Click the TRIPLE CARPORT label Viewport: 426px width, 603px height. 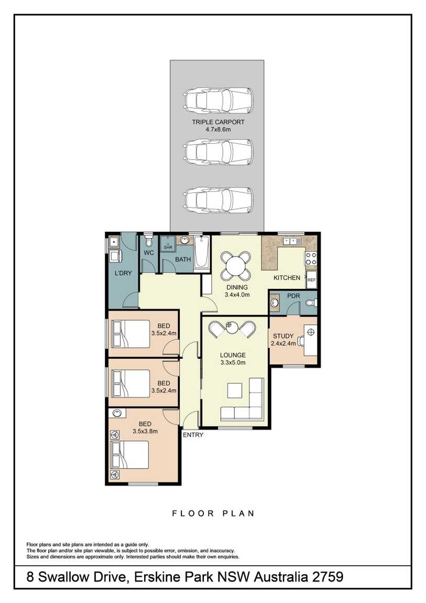coord(218,122)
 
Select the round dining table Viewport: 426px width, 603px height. coord(235,265)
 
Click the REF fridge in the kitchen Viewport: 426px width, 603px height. coord(312,279)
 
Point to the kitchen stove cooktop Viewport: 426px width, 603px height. coord(311,258)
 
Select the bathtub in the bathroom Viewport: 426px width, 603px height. coord(202,252)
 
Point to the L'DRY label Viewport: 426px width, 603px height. coord(123,273)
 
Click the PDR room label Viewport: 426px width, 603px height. coord(293,296)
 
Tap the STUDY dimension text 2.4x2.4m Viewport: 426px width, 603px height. coord(283,343)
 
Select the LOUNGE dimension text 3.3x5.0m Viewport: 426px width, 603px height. coord(233,362)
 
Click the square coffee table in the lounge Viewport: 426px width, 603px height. coord(235,390)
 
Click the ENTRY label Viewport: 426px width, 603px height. coord(193,435)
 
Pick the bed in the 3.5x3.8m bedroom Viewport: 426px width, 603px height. coord(129,455)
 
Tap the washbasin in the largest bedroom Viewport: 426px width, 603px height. coord(117,413)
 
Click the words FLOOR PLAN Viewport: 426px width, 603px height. coord(213,513)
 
